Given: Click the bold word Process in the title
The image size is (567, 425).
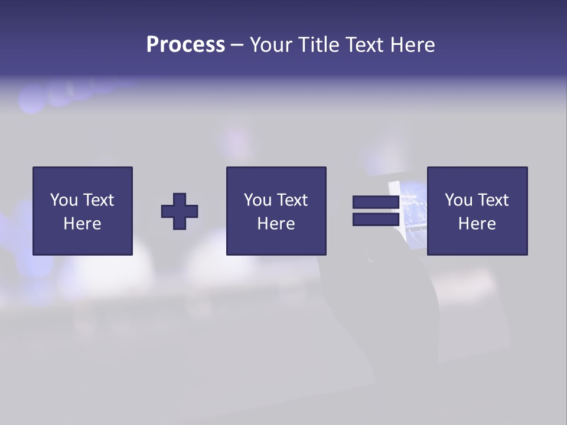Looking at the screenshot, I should click(185, 45).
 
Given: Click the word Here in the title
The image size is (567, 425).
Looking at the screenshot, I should click(413, 45).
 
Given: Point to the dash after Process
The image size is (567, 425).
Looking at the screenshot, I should click(237, 45).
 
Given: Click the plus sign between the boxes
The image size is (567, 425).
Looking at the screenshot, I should click(180, 211).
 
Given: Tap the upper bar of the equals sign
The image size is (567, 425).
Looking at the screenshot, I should click(376, 202).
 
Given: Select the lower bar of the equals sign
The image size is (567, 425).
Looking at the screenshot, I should click(376, 220).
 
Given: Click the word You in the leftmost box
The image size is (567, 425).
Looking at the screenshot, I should click(64, 200).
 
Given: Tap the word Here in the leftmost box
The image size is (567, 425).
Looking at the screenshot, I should click(82, 224).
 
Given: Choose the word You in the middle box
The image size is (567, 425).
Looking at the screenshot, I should click(258, 200).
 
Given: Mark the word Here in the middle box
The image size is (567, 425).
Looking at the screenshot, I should click(276, 224).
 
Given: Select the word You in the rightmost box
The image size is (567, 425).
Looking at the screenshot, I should click(458, 200).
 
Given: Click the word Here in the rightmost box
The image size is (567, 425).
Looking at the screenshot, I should click(477, 224).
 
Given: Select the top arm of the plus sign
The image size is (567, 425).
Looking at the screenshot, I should click(180, 199).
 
